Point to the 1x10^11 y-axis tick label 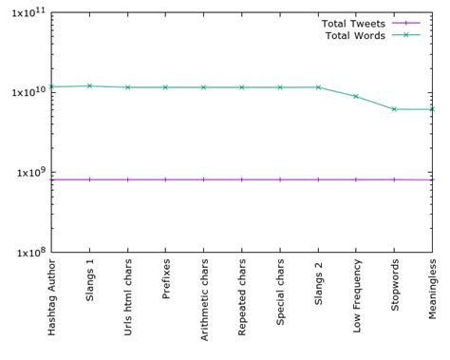click(x=25, y=12)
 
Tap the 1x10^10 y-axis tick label click(x=25, y=93)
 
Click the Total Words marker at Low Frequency click(x=356, y=96)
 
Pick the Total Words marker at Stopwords click(x=394, y=109)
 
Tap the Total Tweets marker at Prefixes click(x=165, y=180)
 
